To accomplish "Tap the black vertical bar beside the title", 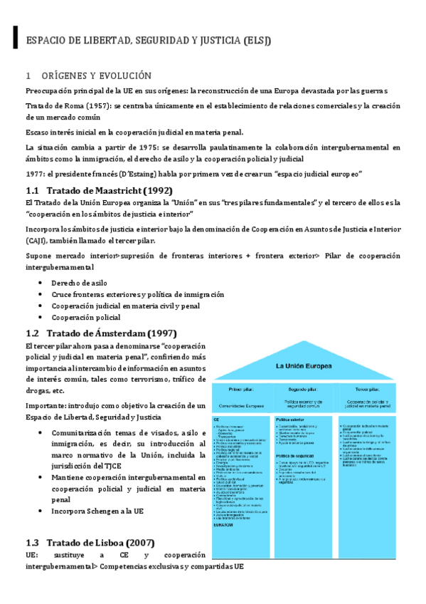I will tap(15, 38).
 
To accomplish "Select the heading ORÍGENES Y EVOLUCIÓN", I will tap(99, 75).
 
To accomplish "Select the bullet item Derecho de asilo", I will tap(79, 283).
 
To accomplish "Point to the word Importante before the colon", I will tap(46, 405).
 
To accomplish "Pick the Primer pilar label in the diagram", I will tap(242, 390).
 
